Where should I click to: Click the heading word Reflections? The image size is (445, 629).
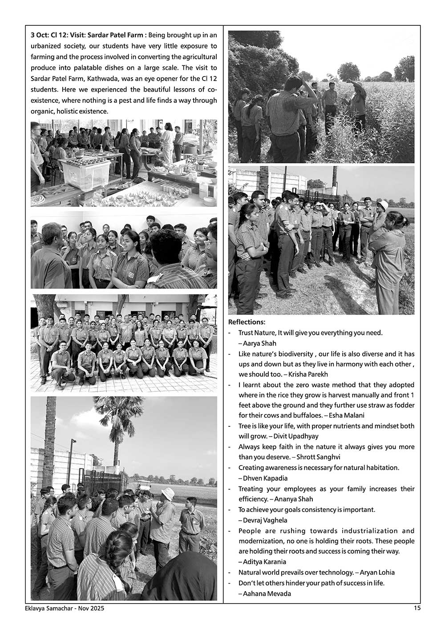[x=247, y=322]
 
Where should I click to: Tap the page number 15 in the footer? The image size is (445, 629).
[x=417, y=608]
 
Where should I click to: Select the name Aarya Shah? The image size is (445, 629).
[x=260, y=343]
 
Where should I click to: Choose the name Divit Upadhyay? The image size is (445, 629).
[x=296, y=436]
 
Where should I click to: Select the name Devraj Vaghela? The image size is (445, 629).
[x=265, y=520]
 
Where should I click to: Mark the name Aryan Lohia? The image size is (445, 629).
[x=377, y=572]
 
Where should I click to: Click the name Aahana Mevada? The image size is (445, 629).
[x=267, y=593]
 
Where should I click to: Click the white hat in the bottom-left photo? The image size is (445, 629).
[x=168, y=493]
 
